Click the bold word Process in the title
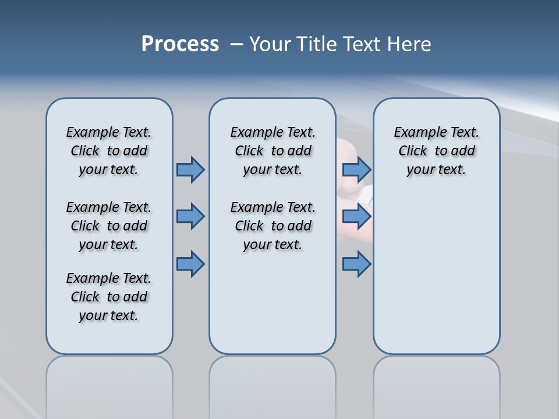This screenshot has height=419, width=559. tap(180, 44)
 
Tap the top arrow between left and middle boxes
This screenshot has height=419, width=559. tap(190, 169)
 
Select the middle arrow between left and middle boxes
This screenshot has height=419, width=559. tap(190, 216)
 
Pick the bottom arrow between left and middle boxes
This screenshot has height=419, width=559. tap(190, 264)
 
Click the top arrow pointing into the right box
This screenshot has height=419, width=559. tap(356, 169)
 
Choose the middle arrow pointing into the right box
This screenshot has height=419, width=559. tap(356, 216)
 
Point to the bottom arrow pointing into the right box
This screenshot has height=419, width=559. tap(356, 264)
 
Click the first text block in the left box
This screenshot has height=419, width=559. tap(109, 151)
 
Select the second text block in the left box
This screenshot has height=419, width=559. tap(109, 226)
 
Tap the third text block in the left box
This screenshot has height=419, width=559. tap(109, 297)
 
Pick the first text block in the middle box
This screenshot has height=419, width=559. tap(273, 151)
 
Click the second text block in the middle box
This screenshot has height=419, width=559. tap(273, 226)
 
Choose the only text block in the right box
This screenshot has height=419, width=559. tap(436, 151)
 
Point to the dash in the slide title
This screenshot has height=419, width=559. tap(236, 44)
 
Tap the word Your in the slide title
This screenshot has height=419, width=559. tap(271, 44)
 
